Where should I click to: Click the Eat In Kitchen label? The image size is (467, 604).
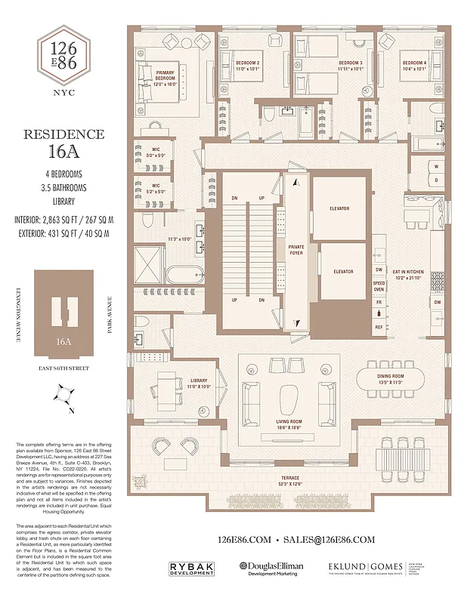[408, 274]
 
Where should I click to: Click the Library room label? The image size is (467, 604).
[199, 384]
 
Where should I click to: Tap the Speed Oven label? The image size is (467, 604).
[379, 285]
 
